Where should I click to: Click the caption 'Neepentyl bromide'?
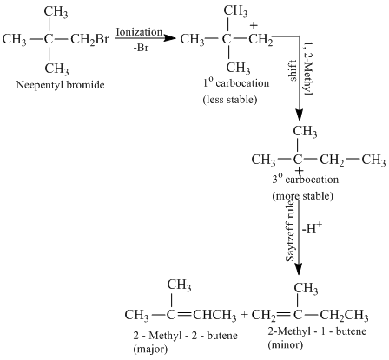60,85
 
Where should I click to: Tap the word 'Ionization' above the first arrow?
139,32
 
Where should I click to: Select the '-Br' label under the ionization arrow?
141,48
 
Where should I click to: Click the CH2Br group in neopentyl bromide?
89,39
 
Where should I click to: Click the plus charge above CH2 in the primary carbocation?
254,26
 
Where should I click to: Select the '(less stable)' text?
230,100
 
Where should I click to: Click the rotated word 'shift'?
293,70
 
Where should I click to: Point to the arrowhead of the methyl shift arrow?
299,115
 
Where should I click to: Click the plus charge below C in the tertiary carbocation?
299,171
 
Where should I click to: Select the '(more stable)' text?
303,196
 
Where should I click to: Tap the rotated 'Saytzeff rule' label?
290,231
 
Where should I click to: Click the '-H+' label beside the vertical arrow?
312,229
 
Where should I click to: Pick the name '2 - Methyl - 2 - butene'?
185,336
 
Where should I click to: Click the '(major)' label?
150,349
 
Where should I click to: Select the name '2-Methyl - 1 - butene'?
317,331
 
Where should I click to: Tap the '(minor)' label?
286,344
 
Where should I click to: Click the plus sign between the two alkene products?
244,314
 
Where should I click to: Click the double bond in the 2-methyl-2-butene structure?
183,315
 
